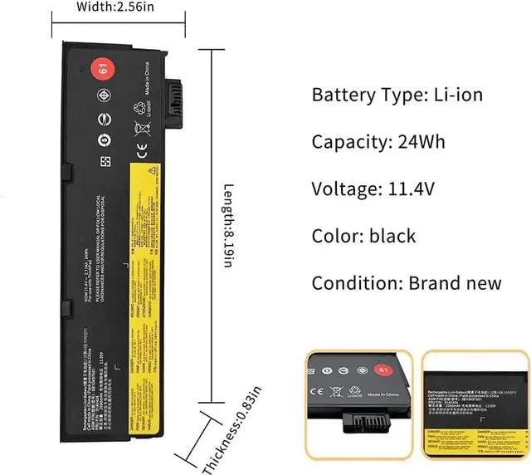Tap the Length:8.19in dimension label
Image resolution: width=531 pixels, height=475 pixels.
pyautogui.click(x=227, y=224)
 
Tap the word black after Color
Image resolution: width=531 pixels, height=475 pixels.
pyautogui.click(x=393, y=236)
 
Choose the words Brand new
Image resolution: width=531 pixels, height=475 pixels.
pyautogui.click(x=455, y=282)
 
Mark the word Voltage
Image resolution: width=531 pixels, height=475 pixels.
pyautogui.click(x=341, y=189)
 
